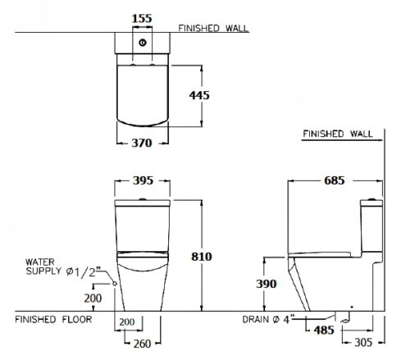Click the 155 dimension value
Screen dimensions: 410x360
coord(142,19)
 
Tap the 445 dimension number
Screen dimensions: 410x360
coord(199,95)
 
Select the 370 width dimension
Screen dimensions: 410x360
coord(142,143)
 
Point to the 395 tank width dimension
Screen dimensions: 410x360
coord(143,180)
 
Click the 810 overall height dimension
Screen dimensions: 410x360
coord(202,257)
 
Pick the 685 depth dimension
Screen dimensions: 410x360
coord(335,180)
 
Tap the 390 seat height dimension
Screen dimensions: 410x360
coord(266,284)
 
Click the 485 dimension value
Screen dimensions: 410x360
coord(324,330)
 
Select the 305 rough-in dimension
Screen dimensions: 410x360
coord(363,342)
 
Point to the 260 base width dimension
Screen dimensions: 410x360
coord(142,344)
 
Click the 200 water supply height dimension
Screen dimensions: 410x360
coord(93,298)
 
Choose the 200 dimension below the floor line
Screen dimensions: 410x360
coord(127,322)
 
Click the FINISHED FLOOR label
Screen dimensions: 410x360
coord(53,320)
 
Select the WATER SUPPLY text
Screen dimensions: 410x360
coord(43,267)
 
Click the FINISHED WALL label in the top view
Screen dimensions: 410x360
coord(213,28)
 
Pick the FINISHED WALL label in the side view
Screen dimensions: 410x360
coord(338,134)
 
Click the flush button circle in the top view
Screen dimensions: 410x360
coord(143,43)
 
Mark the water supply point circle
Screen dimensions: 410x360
coord(115,284)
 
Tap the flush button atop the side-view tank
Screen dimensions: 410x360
coord(371,198)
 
